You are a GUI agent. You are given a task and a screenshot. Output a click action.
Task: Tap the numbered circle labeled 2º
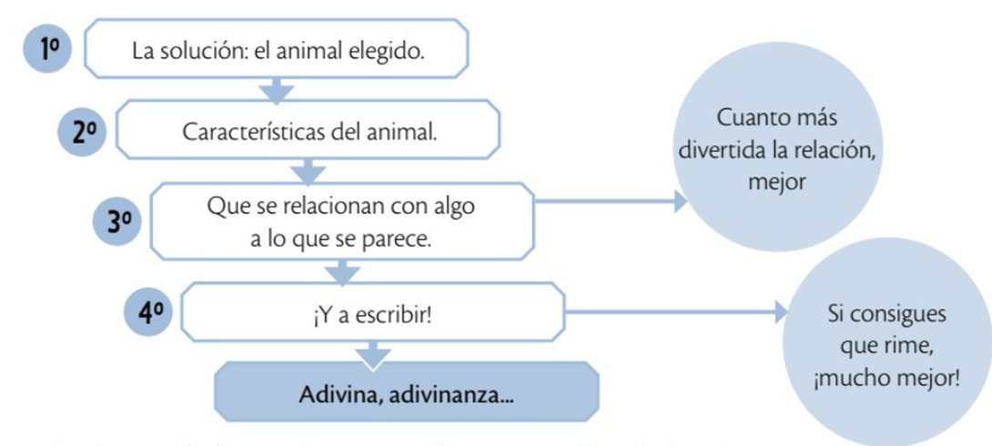click(x=82, y=132)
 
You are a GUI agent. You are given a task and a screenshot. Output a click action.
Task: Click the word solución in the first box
click(x=196, y=51)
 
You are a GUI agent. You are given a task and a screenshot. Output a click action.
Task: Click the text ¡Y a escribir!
click(x=371, y=314)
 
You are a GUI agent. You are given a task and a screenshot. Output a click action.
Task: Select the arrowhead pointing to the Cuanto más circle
click(x=680, y=202)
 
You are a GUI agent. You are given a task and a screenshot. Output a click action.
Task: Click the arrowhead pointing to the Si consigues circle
click(x=781, y=312)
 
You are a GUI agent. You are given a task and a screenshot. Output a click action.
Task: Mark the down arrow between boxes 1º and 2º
click(x=277, y=90)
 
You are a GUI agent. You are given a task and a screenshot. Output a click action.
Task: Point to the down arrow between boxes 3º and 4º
click(x=342, y=271)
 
